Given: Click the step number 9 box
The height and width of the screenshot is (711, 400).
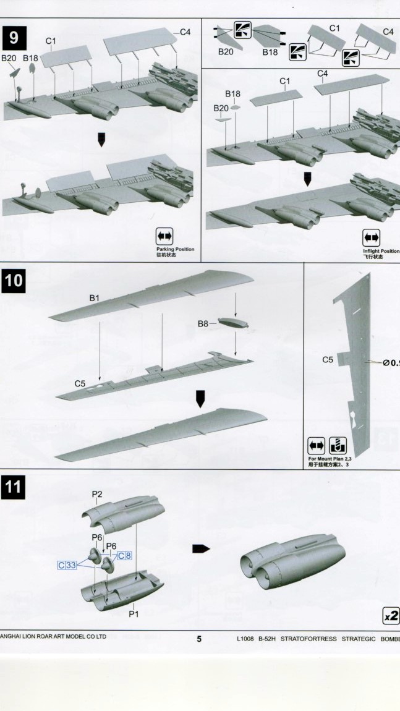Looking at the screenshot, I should pyautogui.click(x=14, y=39).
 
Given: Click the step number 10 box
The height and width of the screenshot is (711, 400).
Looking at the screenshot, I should pyautogui.click(x=14, y=281).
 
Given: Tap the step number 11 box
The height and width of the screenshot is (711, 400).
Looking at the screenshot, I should pyautogui.click(x=14, y=488).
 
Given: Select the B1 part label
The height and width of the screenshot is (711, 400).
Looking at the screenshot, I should pyautogui.click(x=95, y=298).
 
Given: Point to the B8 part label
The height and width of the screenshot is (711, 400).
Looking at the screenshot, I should pyautogui.click(x=203, y=323).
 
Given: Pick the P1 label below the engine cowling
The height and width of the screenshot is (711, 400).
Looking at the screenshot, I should pyautogui.click(x=134, y=614).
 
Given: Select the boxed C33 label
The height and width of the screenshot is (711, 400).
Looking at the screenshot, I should pyautogui.click(x=67, y=565).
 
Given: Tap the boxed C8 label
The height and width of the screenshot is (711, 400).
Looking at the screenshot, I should pyautogui.click(x=124, y=555).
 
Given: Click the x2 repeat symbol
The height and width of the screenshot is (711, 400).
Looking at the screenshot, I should pyautogui.click(x=391, y=616).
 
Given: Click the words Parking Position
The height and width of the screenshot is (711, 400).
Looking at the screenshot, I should pyautogui.click(x=175, y=249).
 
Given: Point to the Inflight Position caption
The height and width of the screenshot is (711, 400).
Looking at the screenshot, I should pyautogui.click(x=381, y=251).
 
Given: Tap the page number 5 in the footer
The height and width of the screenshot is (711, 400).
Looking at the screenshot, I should pyautogui.click(x=199, y=639).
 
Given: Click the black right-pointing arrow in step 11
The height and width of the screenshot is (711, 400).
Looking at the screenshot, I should pyautogui.click(x=201, y=548).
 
